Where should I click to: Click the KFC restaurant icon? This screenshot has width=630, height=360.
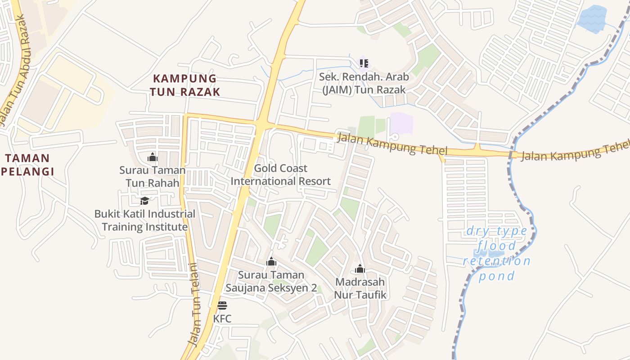[x=222, y=306]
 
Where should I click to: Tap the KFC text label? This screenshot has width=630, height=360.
[x=222, y=319]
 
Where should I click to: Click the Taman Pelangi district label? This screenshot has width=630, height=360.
[x=27, y=165]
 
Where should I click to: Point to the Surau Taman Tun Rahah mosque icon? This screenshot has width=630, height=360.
[x=153, y=157]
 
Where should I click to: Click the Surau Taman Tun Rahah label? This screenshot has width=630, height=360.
[x=153, y=176]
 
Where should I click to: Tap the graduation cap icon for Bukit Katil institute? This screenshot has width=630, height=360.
[x=144, y=201]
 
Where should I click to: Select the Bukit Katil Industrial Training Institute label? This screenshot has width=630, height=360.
[x=144, y=220]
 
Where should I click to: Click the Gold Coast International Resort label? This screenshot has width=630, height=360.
[x=280, y=175]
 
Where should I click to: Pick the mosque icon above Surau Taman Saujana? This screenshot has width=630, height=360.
[x=271, y=261]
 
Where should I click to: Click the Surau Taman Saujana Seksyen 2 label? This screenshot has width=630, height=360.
[x=271, y=281]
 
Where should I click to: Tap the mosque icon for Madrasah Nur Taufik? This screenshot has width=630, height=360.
[x=360, y=269]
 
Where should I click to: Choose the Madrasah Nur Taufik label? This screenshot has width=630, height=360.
[x=360, y=288]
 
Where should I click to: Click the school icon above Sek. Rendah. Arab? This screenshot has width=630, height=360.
[x=364, y=63]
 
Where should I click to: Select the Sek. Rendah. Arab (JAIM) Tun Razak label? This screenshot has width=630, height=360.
[x=364, y=83]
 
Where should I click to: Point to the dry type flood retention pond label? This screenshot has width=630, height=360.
[x=497, y=253]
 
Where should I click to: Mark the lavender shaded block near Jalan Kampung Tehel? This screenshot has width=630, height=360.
[x=401, y=123]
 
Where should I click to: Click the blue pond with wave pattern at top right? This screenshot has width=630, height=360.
[x=592, y=18]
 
